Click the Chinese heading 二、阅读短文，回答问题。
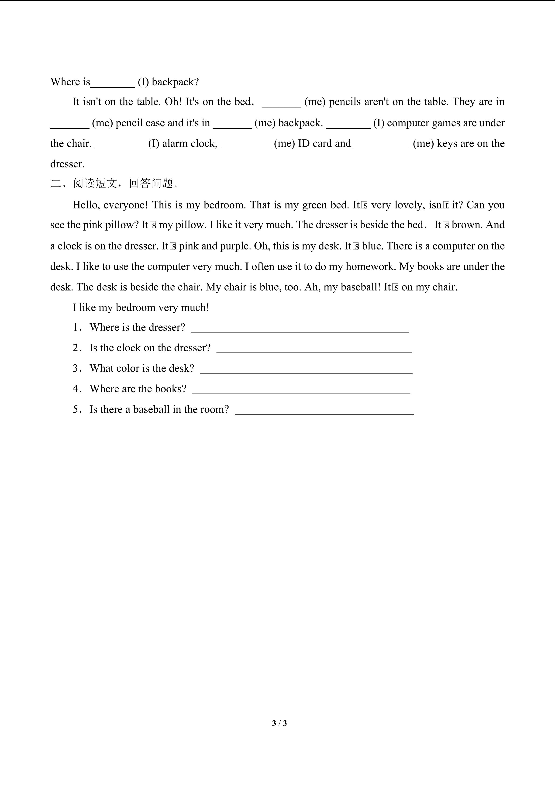[115, 183]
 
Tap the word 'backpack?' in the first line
[175, 82]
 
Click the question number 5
[76, 409]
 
